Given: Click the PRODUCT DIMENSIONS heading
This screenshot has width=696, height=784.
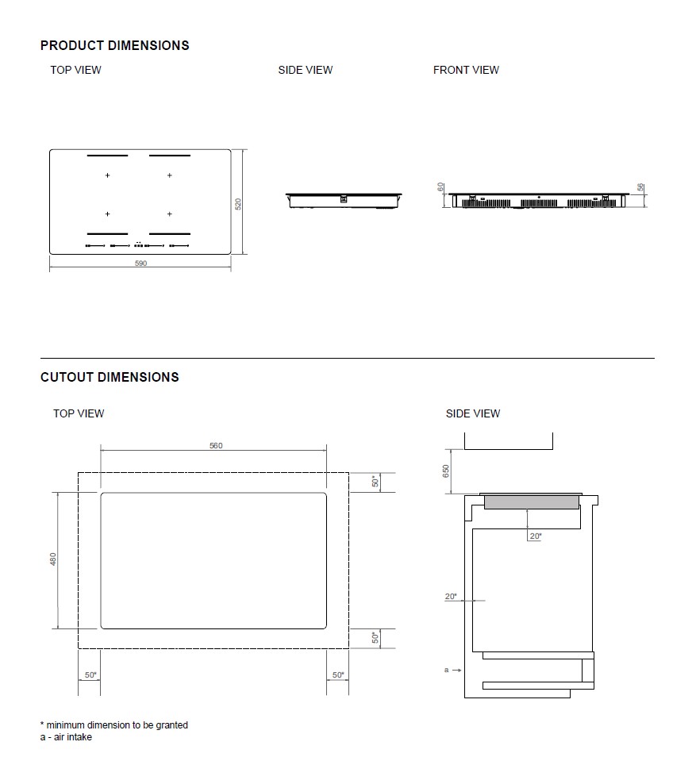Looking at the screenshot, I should coord(114,45).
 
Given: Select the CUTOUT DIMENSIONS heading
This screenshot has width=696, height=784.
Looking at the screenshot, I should coord(110,377).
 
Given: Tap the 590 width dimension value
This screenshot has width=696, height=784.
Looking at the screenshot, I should coord(140,263).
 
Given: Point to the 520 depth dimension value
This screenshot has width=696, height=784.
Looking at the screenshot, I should coord(237,204).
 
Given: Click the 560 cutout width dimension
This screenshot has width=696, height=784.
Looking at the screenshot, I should coord(216,445).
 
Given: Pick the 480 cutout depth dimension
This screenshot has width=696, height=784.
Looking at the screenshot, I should coord(53,559).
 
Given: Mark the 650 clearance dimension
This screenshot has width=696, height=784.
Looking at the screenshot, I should coord(446,471).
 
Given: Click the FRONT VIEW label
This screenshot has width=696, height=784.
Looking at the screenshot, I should coord(466,70).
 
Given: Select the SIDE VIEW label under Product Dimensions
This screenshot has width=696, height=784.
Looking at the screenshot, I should coord(305,70).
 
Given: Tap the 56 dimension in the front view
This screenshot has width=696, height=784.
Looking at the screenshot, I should coord(640,187).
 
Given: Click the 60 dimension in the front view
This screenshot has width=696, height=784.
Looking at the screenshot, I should coord(440,187).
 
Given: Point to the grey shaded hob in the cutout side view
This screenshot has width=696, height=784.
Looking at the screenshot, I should coord(530,502).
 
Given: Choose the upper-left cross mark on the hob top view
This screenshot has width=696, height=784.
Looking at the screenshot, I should coord(107,175).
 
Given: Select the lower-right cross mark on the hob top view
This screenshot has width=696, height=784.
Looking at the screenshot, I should coord(169,213).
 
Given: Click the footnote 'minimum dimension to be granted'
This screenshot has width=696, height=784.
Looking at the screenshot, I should coord(117,724).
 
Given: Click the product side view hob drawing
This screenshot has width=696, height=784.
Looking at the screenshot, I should coord(344,198).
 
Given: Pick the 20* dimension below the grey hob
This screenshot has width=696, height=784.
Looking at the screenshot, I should coord(535,536).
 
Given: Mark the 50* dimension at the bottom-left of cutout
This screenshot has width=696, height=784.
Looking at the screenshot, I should coord(90,675).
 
